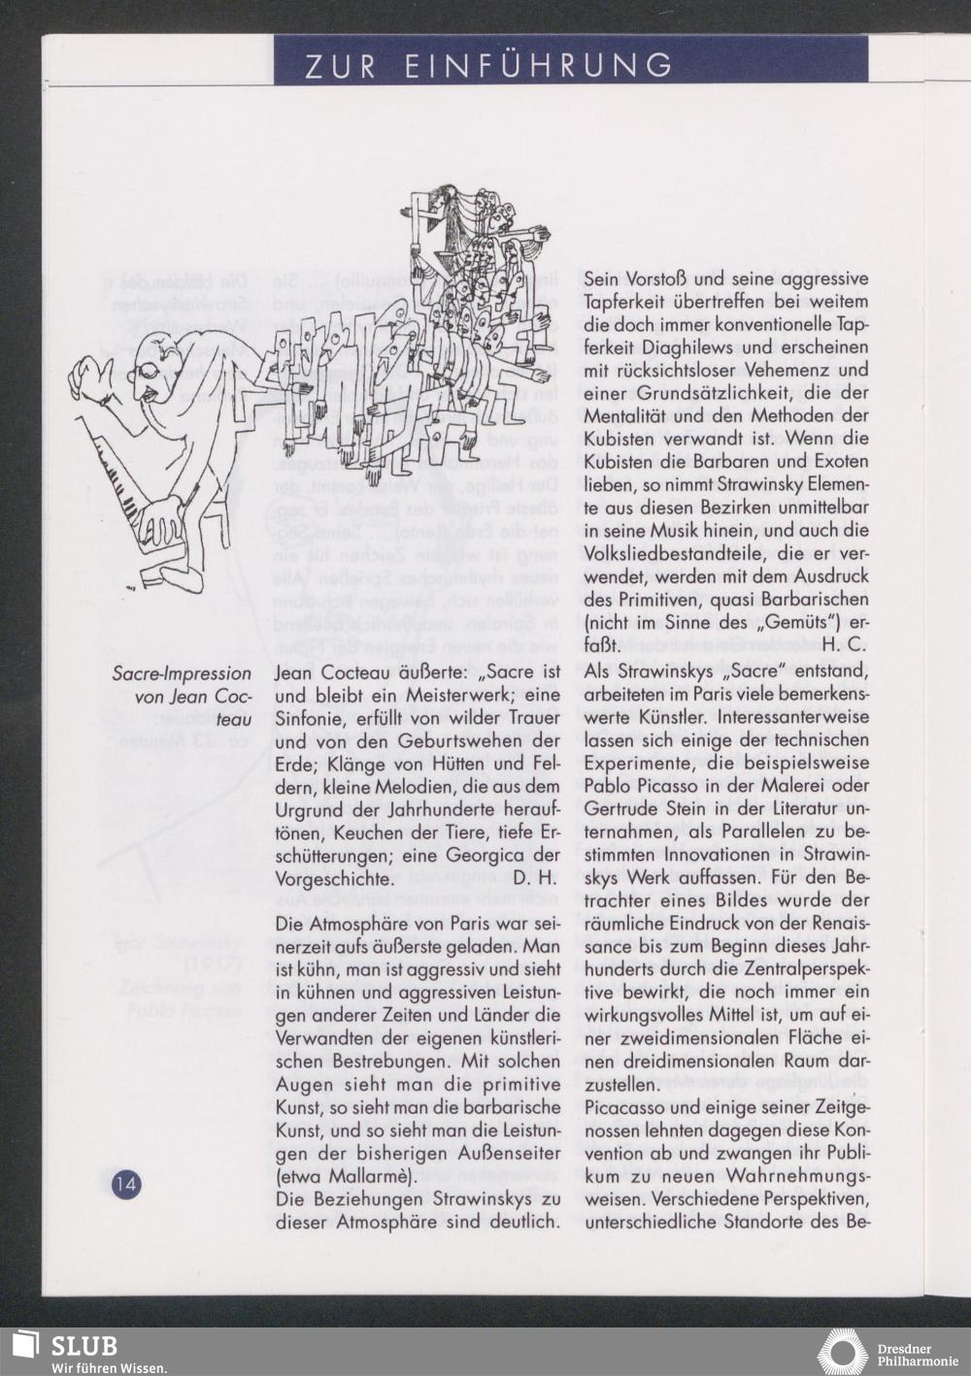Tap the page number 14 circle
click(x=126, y=1183)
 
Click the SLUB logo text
click(x=84, y=1346)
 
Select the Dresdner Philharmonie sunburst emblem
click(x=842, y=1353)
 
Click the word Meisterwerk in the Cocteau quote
click(x=426, y=696)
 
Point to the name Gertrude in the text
click(x=623, y=807)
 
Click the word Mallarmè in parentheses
click(x=363, y=1177)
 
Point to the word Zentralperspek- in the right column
click(x=801, y=967)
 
